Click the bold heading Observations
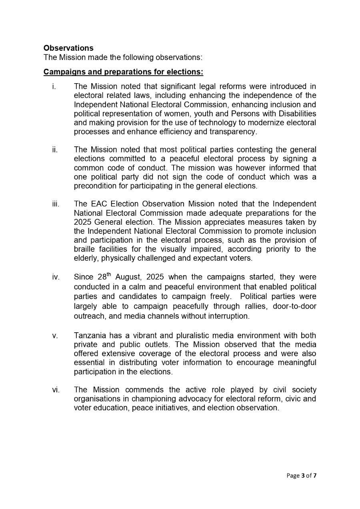click(68, 48)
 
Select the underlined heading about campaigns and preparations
click(123, 72)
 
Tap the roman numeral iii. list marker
click(56, 204)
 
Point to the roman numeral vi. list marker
click(56, 390)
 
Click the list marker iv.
click(56, 277)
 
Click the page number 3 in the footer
click(303, 475)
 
